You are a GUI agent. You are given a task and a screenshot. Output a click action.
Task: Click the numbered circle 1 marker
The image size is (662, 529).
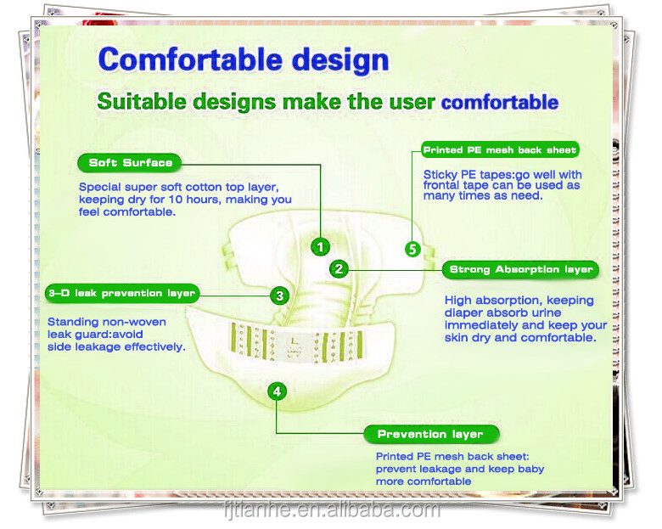click(x=320, y=247)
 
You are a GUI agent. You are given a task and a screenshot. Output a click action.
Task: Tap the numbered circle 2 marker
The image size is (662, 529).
click(x=339, y=269)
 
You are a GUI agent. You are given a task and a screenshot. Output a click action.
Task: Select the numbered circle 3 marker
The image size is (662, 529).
click(x=279, y=295)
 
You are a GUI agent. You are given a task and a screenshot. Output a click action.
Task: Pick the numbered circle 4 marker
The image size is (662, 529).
click(x=278, y=391)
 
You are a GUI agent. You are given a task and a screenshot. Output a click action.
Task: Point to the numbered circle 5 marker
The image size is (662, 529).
click(x=412, y=249)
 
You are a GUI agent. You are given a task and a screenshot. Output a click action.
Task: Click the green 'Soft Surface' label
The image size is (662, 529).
click(x=130, y=162)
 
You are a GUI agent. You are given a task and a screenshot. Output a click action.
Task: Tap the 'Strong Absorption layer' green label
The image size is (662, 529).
click(x=521, y=269)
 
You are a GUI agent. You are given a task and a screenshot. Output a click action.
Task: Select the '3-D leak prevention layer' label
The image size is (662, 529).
click(x=122, y=293)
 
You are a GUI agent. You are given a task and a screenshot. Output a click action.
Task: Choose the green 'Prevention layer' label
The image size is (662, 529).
click(x=429, y=434)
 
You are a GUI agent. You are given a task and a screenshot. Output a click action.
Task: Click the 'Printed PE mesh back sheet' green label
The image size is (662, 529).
click(x=500, y=150)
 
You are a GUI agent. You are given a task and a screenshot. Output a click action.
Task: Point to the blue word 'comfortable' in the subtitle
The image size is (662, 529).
click(x=499, y=103)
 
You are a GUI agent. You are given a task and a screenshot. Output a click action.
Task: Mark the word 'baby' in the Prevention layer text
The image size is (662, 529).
click(x=529, y=469)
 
